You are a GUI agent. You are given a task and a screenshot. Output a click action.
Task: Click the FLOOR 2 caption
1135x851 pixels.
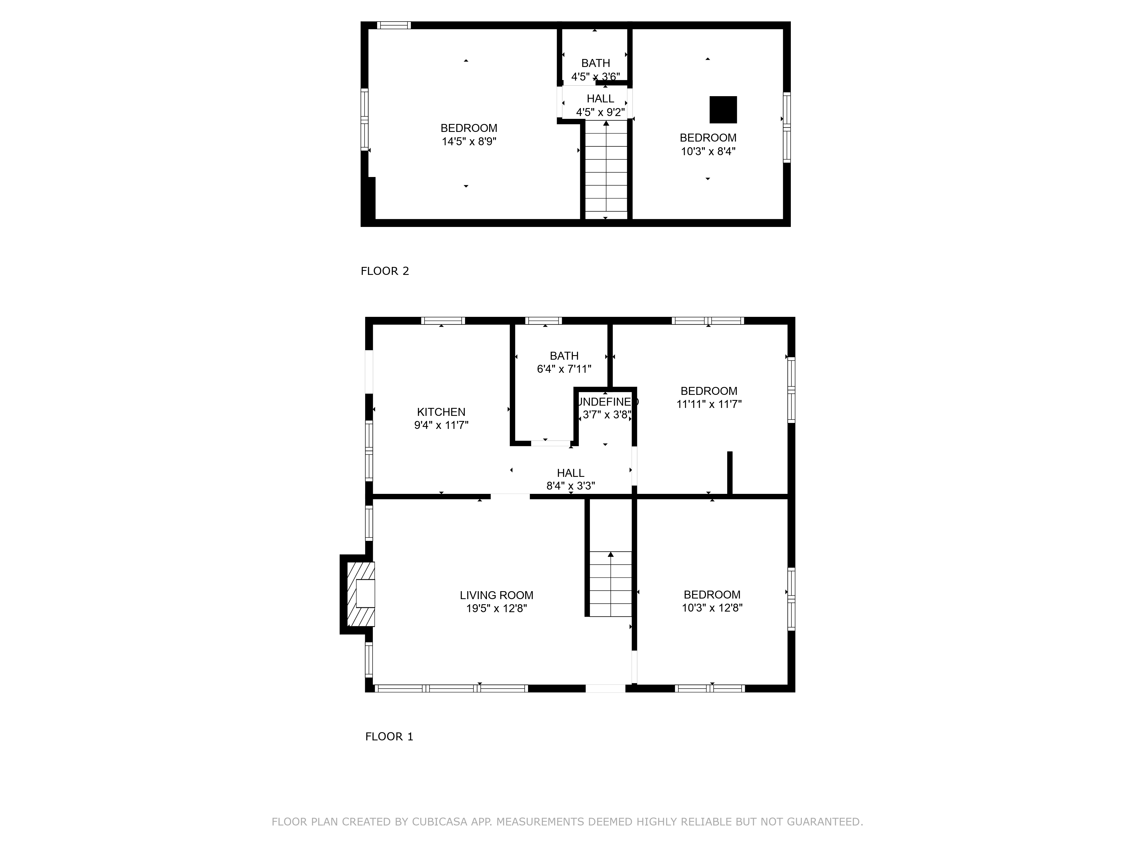385,271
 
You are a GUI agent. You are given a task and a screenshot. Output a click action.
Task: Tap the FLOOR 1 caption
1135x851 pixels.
389,737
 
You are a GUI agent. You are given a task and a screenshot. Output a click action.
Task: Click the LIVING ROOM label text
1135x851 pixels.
496,595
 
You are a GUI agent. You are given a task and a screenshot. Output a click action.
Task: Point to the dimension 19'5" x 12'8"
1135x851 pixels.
496,609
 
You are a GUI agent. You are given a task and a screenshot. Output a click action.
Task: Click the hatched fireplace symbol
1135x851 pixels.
361,594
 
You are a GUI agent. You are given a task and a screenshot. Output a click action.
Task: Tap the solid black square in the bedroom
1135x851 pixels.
723,110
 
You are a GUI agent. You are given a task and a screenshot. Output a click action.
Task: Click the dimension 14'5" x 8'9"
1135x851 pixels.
469,142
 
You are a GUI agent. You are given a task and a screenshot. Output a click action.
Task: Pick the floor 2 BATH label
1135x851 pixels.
595,63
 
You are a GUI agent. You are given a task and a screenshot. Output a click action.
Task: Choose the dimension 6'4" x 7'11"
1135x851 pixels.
564,369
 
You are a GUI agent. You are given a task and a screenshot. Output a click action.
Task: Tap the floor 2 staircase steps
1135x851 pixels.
606,169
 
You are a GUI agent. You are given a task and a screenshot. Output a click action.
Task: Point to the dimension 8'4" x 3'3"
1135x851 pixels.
571,486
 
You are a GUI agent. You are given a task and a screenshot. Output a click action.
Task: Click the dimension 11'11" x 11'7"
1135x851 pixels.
709,404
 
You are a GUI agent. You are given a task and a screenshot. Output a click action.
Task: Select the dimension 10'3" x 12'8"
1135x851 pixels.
712,608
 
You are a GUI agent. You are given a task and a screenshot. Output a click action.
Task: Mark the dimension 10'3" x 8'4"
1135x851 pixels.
708,151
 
